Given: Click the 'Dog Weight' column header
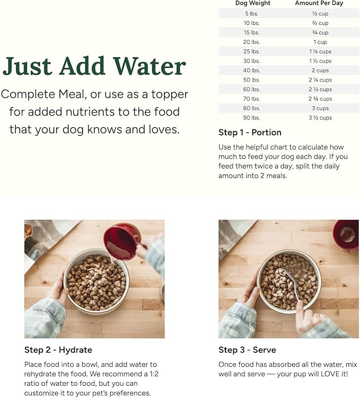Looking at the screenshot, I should point(252,3).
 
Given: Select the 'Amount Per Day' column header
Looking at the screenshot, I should point(319,3).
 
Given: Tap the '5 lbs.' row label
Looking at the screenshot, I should point(251,14).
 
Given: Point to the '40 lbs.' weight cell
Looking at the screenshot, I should point(251,70).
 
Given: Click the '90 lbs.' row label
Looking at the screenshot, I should point(251,118).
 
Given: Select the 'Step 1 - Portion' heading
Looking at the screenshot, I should point(250,132).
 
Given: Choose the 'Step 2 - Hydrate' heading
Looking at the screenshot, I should point(58,350).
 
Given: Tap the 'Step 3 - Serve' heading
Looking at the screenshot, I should point(247,350).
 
